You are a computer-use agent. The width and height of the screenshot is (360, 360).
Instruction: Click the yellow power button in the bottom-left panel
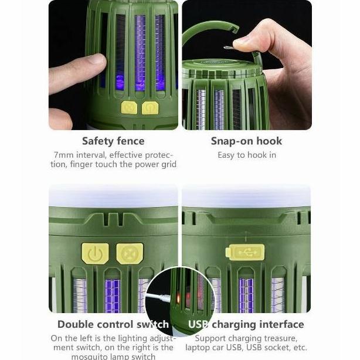click(95, 253)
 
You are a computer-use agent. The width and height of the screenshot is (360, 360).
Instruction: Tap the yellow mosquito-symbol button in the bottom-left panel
click(130, 253)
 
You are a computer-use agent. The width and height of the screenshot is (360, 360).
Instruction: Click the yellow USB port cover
click(245, 252)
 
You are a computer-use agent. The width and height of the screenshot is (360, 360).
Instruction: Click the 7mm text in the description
click(63, 155)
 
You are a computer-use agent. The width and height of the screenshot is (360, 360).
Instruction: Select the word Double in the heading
click(76, 324)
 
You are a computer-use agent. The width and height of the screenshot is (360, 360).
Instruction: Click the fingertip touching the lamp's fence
click(96, 61)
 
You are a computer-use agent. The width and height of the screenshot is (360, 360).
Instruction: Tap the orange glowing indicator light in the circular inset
click(178, 298)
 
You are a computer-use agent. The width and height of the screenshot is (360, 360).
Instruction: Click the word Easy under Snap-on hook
click(226, 155)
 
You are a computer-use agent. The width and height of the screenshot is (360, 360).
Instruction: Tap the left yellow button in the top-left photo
click(129, 108)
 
